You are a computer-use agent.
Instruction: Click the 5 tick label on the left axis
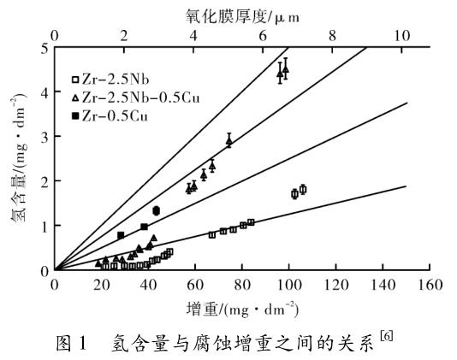43,47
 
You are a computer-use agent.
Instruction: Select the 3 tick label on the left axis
43,137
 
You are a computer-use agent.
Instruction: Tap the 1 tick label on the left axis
43,226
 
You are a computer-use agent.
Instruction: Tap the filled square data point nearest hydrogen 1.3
157,210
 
